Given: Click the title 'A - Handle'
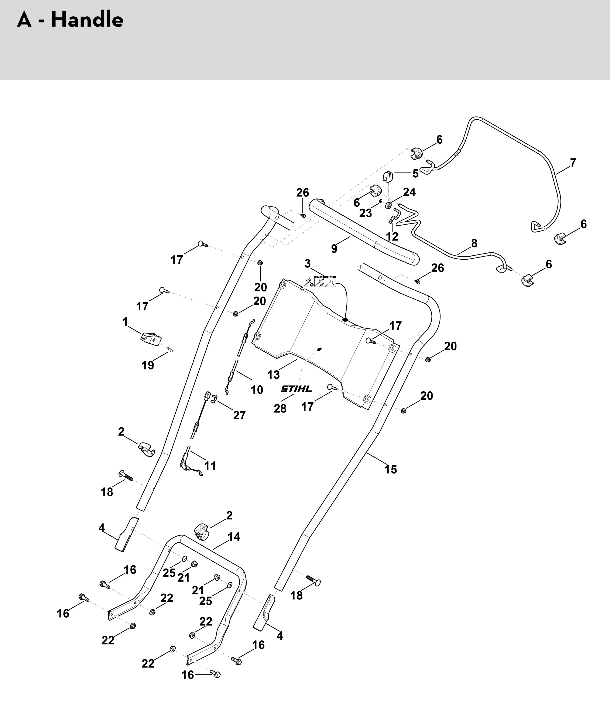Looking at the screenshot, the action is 70,20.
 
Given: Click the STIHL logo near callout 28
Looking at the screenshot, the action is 296,389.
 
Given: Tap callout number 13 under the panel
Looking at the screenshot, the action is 274,375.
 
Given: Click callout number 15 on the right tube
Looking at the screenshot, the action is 391,469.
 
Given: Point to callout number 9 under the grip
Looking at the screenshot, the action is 334,249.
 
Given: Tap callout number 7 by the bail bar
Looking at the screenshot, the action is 573,163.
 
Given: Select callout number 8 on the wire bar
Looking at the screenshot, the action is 474,243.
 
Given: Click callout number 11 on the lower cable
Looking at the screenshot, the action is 210,466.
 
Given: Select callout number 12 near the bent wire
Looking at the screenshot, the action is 392,237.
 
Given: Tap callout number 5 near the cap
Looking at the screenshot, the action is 415,174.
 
